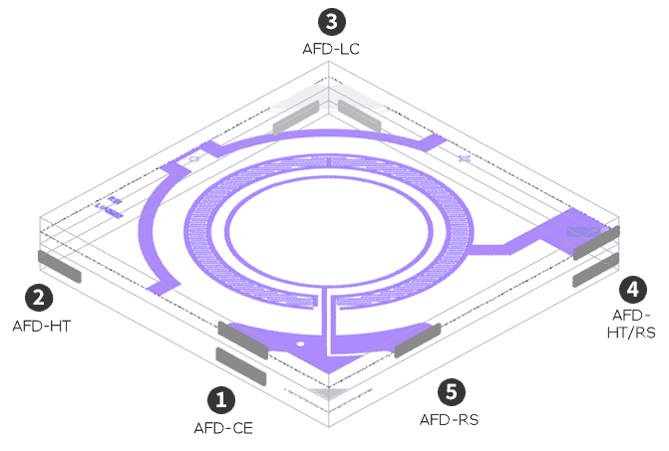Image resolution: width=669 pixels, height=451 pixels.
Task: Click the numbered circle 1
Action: [x=220, y=400]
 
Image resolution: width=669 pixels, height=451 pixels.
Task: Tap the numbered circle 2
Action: [x=40, y=297]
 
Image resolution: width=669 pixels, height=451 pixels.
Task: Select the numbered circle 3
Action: [x=329, y=20]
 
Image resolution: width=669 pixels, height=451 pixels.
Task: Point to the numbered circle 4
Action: [x=632, y=290]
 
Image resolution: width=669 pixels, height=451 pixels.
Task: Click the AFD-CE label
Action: [x=223, y=428]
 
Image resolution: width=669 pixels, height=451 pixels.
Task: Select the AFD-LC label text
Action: [x=330, y=47]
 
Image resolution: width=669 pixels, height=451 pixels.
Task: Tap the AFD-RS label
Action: [x=450, y=419]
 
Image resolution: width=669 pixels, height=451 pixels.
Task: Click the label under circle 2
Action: [x=42, y=325]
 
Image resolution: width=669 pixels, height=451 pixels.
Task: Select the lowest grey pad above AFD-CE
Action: [x=240, y=366]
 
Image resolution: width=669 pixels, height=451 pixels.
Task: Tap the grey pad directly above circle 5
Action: [x=418, y=340]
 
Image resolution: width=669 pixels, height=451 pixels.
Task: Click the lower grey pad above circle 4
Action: [x=597, y=272]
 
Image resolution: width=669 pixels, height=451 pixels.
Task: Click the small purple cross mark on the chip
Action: [x=463, y=158]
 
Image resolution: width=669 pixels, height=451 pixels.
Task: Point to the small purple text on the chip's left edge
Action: [x=107, y=208]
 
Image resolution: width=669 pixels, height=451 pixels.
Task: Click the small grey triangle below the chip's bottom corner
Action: [x=328, y=393]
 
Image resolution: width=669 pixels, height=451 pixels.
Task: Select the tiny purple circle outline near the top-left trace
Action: [x=193, y=159]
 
